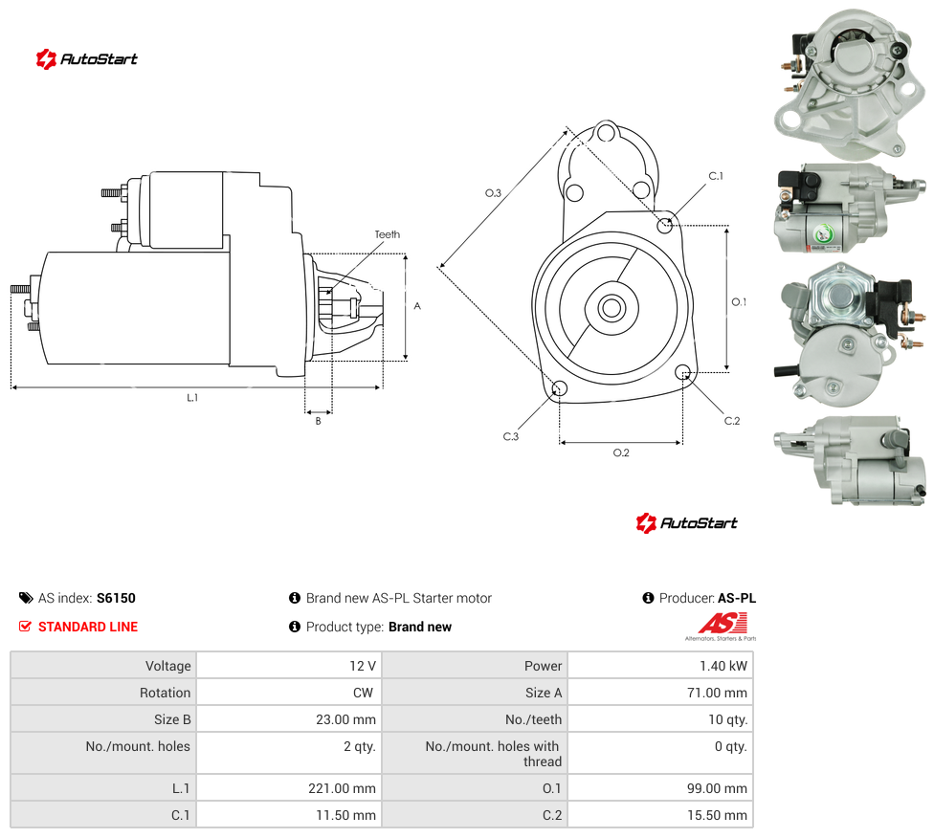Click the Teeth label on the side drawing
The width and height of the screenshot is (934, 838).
pyautogui.click(x=388, y=234)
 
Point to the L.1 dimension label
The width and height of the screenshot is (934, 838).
pyautogui.click(x=192, y=397)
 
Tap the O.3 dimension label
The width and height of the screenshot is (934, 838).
pyautogui.click(x=493, y=193)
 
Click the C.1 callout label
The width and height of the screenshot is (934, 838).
pyautogui.click(x=716, y=176)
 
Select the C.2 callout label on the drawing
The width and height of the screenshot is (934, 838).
pyautogui.click(x=732, y=421)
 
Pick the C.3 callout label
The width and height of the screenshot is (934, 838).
pyautogui.click(x=510, y=436)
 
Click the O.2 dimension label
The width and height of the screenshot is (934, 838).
pyautogui.click(x=621, y=452)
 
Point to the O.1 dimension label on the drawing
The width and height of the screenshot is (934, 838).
pyautogui.click(x=739, y=302)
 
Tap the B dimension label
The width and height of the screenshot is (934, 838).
pyautogui.click(x=318, y=421)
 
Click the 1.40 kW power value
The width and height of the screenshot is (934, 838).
pyautogui.click(x=723, y=666)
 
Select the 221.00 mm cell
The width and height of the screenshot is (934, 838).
pyautogui.click(x=342, y=788)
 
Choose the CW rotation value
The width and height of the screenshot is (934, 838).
pyautogui.click(x=363, y=693)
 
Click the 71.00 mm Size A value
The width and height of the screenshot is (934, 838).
pyautogui.click(x=717, y=693)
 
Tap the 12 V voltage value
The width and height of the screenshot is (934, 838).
pyautogui.click(x=363, y=666)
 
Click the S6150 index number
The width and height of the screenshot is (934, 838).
pyautogui.click(x=116, y=598)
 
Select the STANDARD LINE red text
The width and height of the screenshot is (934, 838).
pyautogui.click(x=88, y=627)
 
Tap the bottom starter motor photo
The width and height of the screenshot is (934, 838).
pyautogui.click(x=851, y=461)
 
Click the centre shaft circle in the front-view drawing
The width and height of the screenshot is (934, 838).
pyautogui.click(x=612, y=308)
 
